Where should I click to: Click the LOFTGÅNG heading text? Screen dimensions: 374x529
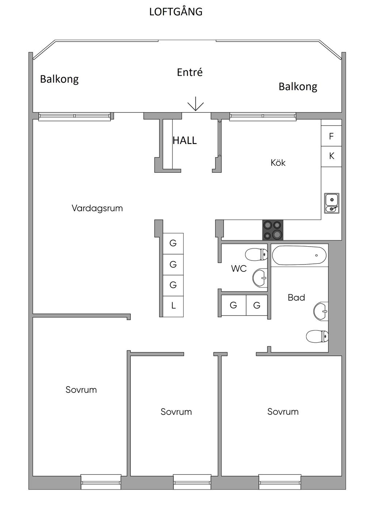(x=176, y=11)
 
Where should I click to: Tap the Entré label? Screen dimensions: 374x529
(x=190, y=72)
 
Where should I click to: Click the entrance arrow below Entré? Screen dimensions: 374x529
(x=195, y=104)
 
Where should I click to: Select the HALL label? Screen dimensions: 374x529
(x=185, y=141)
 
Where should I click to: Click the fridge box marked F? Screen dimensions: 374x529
(x=331, y=136)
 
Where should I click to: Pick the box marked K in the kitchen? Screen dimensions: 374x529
(x=331, y=156)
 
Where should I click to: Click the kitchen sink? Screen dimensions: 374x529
(x=332, y=203)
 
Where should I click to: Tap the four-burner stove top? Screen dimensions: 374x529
(x=273, y=230)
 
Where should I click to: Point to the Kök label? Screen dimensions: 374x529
(x=278, y=163)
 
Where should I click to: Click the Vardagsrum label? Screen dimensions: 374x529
(x=97, y=208)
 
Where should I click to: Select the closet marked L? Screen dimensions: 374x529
(x=173, y=306)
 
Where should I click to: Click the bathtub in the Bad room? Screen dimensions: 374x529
(x=299, y=255)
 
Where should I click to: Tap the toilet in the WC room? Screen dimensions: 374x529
(x=256, y=254)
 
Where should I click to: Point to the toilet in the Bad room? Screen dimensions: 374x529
(x=317, y=336)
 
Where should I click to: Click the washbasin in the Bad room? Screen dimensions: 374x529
(x=321, y=311)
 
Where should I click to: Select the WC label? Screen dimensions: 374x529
(x=239, y=269)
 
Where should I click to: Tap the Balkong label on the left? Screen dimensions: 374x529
(x=59, y=79)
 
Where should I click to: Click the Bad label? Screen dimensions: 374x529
(x=296, y=297)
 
